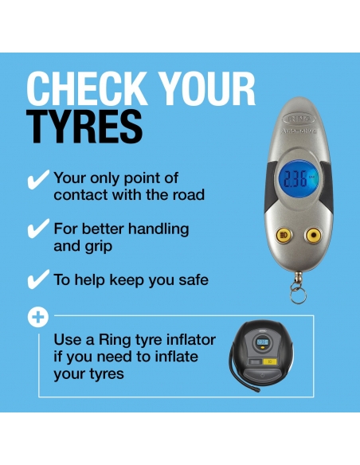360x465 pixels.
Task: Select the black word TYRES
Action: (84, 127)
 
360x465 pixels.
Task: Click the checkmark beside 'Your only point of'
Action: (38, 180)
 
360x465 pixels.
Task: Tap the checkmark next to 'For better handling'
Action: (38, 229)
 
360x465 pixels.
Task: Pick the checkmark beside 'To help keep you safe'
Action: (38, 279)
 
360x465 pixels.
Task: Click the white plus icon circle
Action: (38, 318)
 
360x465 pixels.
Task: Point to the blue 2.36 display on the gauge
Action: (299, 179)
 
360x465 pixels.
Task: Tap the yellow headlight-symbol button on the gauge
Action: (284, 236)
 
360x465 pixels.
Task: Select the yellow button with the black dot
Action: (313, 236)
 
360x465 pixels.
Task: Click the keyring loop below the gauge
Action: (297, 295)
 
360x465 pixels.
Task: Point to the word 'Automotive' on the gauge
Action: (299, 131)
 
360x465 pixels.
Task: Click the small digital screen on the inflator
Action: (262, 342)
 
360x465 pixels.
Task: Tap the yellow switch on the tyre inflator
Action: (270, 361)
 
